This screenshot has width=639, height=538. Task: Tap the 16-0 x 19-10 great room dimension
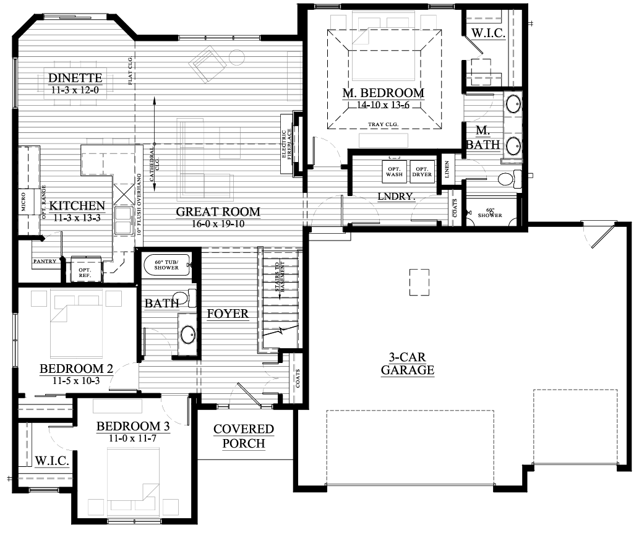[x=218, y=224]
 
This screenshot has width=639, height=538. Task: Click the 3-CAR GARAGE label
[x=407, y=364]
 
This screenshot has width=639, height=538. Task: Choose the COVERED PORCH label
[x=243, y=436]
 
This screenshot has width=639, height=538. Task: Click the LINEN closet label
[x=448, y=169]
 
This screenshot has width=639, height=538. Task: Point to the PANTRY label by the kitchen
[x=45, y=262]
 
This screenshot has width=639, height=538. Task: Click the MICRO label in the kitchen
[x=24, y=202]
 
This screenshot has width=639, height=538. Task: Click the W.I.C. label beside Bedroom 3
[x=51, y=461]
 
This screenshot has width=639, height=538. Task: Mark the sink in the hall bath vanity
[x=186, y=335]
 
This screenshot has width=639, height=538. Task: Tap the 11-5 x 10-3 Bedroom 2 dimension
[x=76, y=381]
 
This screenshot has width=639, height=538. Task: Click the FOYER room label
[x=228, y=314]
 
